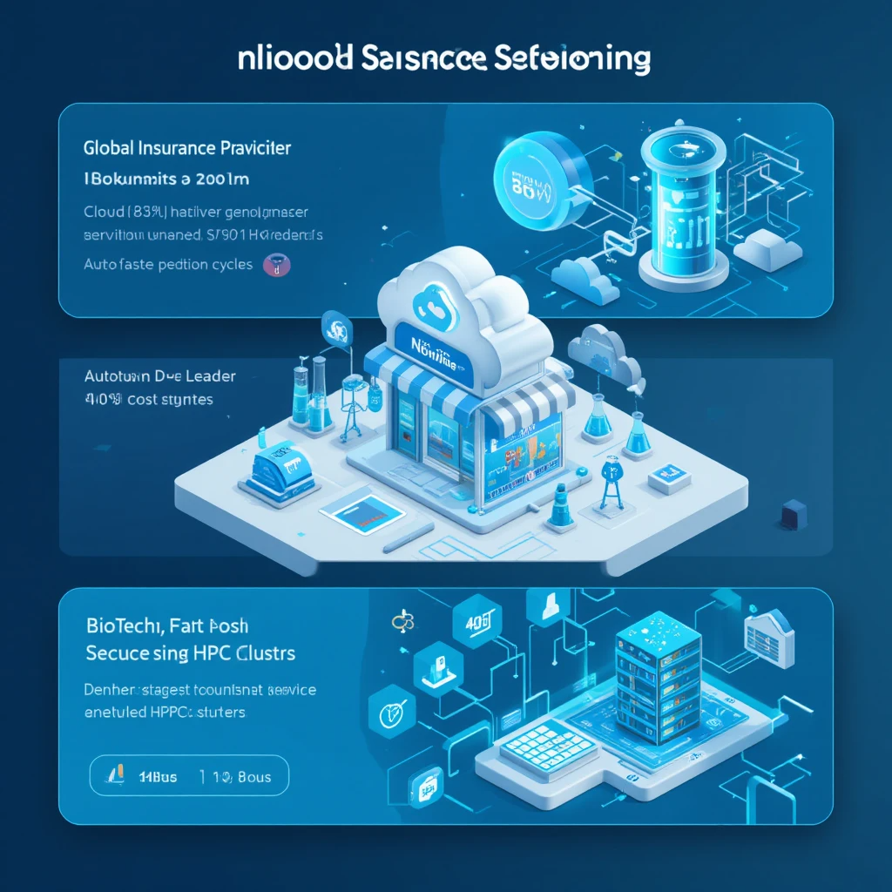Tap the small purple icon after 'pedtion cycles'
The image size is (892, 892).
click(x=282, y=265)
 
